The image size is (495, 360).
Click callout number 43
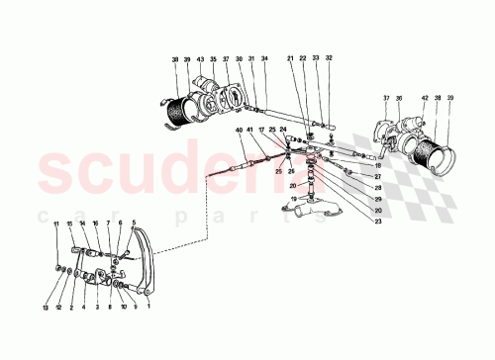200,60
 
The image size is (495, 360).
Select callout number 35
213,60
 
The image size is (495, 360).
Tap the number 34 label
265,60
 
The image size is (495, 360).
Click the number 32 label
330,60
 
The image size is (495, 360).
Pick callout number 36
399,98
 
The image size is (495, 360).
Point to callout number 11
56,225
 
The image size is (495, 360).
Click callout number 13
46,294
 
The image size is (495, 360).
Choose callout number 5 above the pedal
132,225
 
